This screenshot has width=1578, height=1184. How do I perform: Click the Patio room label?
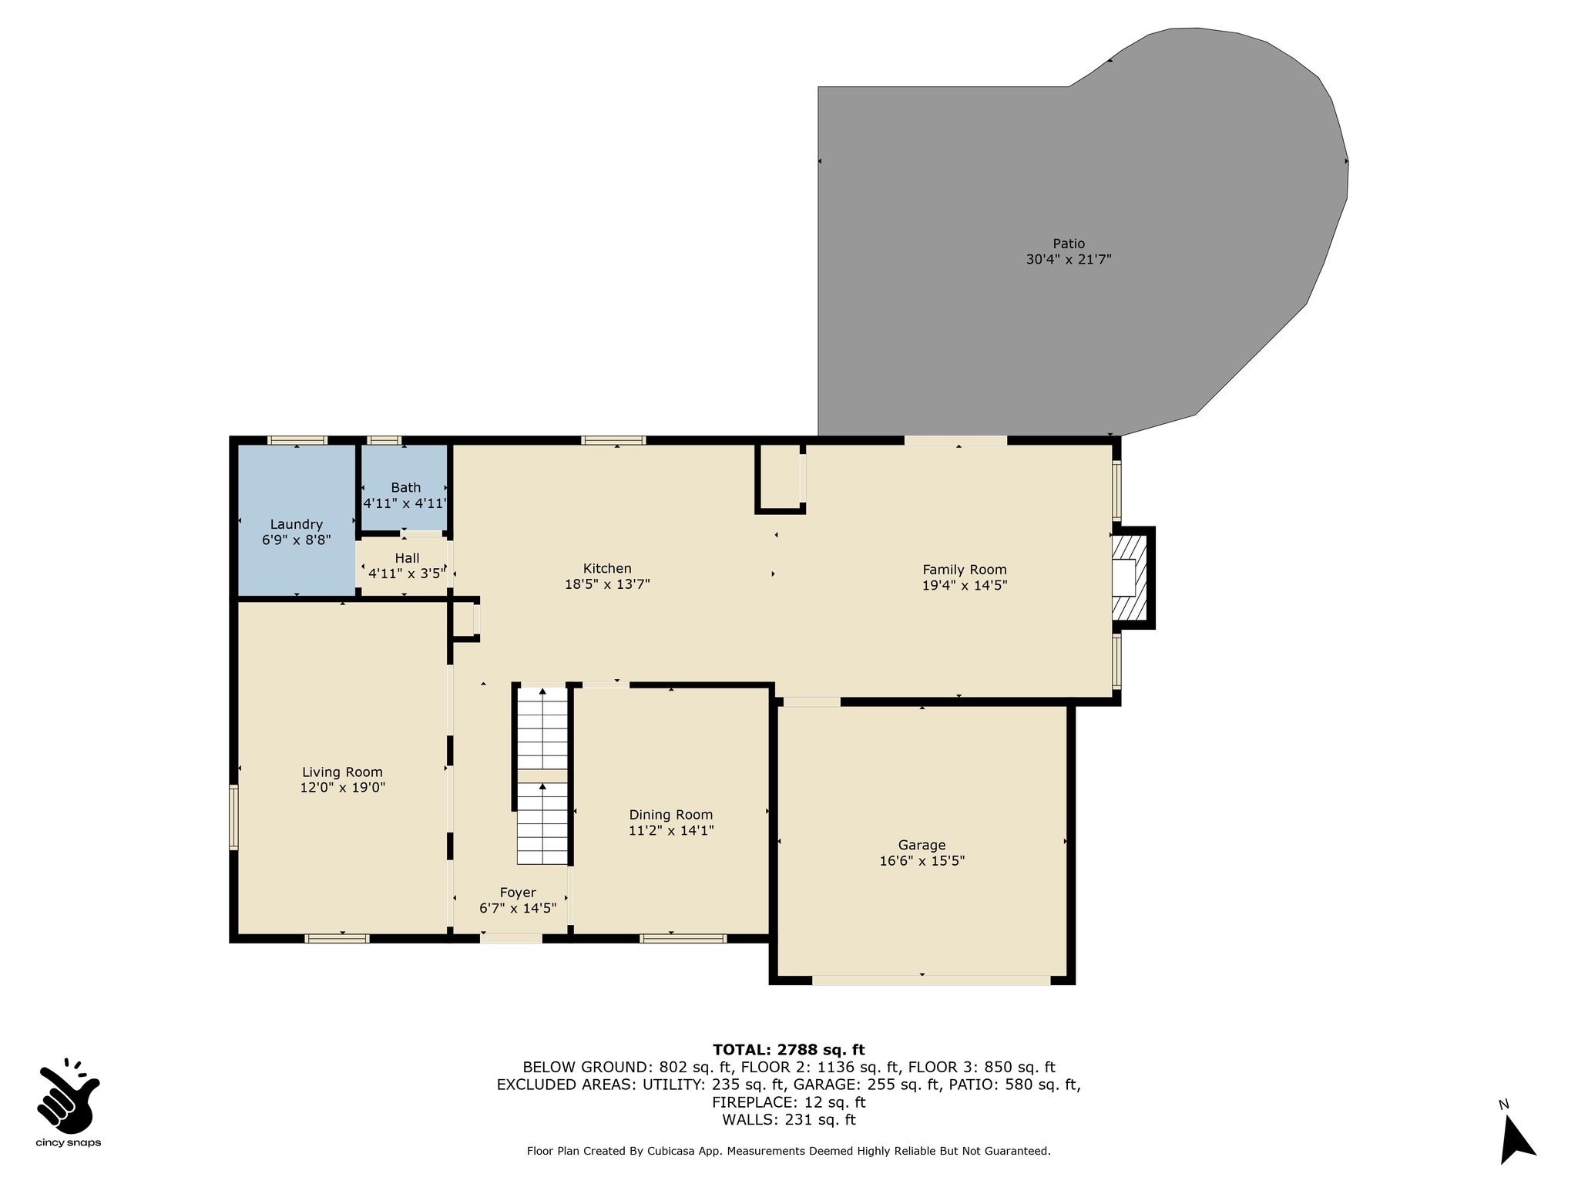(x=1069, y=244)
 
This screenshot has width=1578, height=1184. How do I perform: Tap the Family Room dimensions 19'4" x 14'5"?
(x=965, y=585)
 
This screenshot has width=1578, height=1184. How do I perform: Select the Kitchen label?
(x=607, y=569)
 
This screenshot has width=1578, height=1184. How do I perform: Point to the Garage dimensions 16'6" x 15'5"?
(x=922, y=861)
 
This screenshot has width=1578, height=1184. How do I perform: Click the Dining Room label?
(x=671, y=815)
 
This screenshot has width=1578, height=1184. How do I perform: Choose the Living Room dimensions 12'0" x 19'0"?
(x=343, y=788)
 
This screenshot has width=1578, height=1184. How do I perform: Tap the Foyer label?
(x=518, y=893)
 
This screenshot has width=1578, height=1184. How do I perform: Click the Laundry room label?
(x=297, y=525)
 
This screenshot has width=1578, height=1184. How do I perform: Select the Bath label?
(x=406, y=487)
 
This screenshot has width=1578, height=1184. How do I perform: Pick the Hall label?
(x=407, y=558)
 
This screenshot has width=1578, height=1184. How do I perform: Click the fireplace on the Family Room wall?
(x=1131, y=577)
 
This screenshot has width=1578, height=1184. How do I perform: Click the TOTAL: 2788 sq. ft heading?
(x=789, y=1049)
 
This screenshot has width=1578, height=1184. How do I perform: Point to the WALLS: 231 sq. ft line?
(x=789, y=1120)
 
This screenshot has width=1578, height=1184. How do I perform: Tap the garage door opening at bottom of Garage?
(x=931, y=980)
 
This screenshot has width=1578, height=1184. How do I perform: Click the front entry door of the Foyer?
(x=512, y=938)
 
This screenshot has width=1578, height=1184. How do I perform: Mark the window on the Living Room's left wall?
(x=233, y=817)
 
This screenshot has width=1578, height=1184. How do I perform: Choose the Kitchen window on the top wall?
(x=613, y=440)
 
